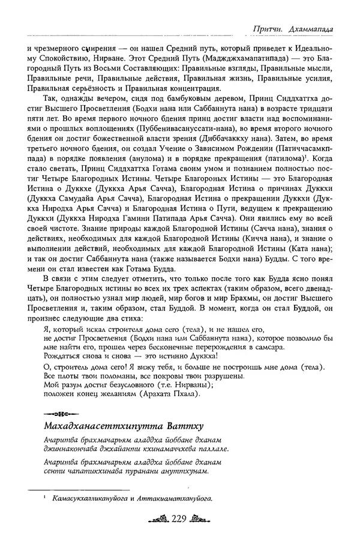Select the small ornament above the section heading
pyautogui.click(x=57, y=414)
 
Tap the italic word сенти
pyautogui.click(x=55, y=472)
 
